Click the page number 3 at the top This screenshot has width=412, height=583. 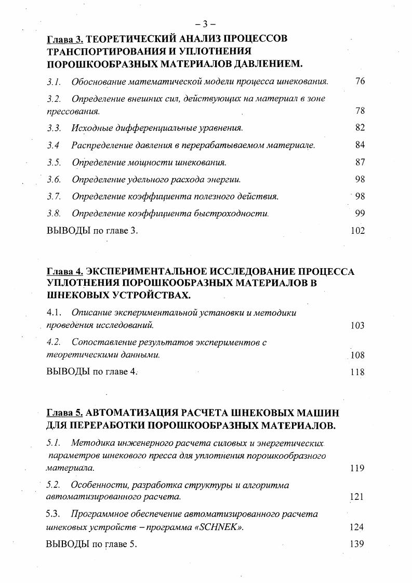(206, 24)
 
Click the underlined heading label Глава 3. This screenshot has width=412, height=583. (64, 39)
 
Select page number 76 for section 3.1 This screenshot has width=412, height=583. (360, 82)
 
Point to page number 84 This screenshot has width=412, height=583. (360, 145)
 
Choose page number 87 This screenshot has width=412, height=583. (360, 162)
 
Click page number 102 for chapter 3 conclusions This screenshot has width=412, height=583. (357, 231)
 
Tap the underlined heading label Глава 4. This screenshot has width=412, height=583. (64, 272)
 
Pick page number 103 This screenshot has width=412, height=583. (357, 326)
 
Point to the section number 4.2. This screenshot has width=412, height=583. (54, 342)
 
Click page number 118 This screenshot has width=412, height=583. (357, 372)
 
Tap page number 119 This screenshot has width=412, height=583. (357, 468)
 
